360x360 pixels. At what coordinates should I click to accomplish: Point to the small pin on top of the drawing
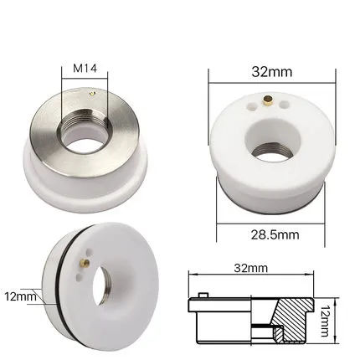click(203, 296)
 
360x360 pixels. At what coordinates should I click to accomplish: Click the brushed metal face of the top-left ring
click(50, 126)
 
